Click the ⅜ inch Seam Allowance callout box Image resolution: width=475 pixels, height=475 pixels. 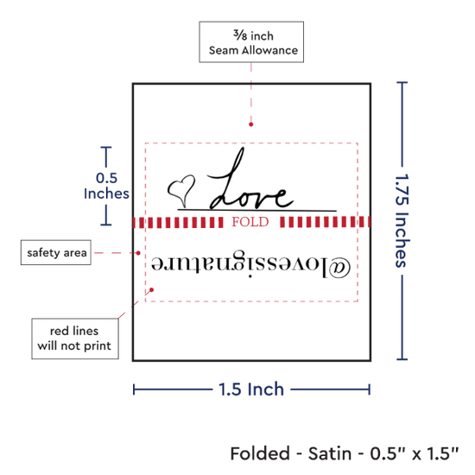click(251, 42)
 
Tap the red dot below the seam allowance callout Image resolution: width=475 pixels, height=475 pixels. click(250, 124)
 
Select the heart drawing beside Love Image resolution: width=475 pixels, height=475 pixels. click(181, 191)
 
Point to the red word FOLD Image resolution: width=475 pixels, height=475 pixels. click(250, 222)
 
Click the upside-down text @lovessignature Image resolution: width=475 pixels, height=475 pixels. click(250, 264)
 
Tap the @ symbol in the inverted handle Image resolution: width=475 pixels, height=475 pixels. click(339, 268)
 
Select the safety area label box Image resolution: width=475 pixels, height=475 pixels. click(56, 252)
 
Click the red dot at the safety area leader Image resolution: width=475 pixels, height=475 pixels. click(138, 253)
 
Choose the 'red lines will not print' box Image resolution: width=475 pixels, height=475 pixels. click(75, 339)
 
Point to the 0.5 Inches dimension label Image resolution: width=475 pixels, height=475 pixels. click(106, 186)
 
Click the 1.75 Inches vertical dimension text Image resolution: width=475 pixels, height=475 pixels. click(402, 220)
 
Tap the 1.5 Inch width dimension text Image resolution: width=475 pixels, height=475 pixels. click(251, 389)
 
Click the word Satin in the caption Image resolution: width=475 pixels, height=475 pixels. click(330, 453)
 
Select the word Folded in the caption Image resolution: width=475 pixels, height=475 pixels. click(260, 453)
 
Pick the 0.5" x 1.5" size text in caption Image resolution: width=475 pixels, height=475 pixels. click(415, 453)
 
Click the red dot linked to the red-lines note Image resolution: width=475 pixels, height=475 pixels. click(151, 290)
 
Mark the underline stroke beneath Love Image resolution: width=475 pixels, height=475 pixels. click(256, 209)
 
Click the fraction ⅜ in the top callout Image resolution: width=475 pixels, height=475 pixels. click(240, 35)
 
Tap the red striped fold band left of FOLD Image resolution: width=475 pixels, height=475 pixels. click(178, 222)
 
